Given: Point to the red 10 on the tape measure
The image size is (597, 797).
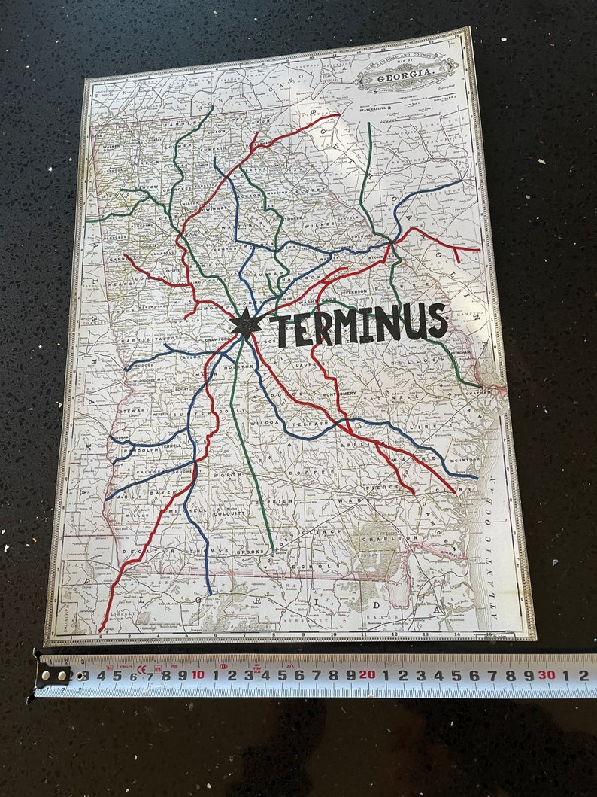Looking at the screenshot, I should pos(197,674).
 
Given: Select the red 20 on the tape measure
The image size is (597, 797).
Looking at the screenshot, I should pos(368,674).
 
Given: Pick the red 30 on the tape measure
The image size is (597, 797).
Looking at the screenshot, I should pos(546,674).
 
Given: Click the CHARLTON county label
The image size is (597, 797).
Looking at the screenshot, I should pos(390,539).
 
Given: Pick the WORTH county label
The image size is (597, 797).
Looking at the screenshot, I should pos(225,475).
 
